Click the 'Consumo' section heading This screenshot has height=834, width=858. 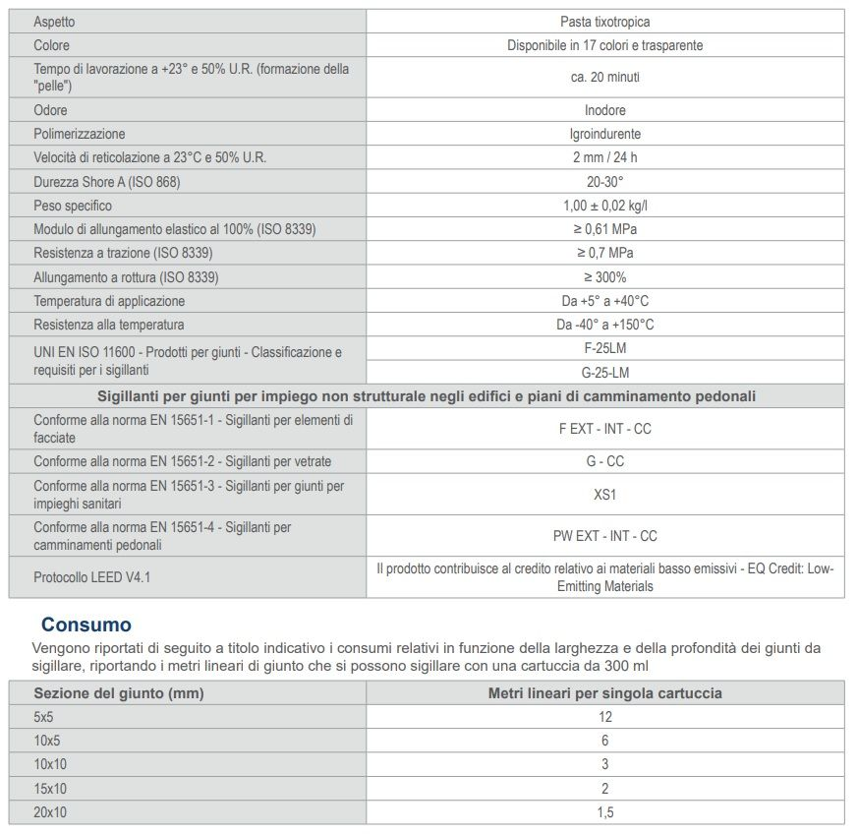coord(86,625)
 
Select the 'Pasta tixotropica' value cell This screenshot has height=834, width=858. coord(604,22)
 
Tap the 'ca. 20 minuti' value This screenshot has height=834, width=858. coord(604,77)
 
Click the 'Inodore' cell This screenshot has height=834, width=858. coord(604,110)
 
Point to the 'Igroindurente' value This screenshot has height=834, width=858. coord(604,134)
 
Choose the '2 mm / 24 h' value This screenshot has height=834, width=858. coord(604,157)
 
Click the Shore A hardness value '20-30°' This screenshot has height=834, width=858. coord(604,182)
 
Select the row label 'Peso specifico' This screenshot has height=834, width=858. coord(73,206)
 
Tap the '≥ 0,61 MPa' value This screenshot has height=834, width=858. coord(604,229)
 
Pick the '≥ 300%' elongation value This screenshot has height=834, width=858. coord(604,277)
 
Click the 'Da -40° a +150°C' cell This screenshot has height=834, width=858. coord(604,325)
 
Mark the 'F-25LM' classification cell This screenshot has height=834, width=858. coord(604,348)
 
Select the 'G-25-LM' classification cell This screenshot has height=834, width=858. coord(604,373)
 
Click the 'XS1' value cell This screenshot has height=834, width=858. coord(604,495)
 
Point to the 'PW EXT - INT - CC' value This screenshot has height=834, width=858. coord(604,536)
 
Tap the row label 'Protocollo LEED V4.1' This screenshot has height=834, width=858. coord(92,577)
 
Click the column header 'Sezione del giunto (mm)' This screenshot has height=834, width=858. coord(118,693)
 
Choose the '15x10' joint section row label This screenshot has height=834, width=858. coord(50,789)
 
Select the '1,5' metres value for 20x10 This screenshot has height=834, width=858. coord(604,812)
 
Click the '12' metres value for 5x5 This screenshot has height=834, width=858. coord(604,717)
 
